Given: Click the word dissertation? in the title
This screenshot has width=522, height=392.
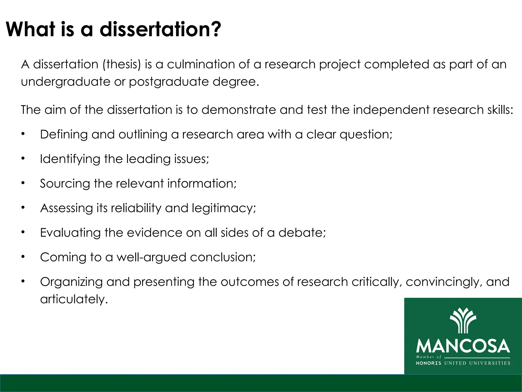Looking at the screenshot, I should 160,29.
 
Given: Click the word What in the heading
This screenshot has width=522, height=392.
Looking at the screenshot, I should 30,29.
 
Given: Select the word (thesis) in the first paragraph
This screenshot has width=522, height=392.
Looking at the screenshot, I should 122,64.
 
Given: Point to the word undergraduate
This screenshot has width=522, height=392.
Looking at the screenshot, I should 66,82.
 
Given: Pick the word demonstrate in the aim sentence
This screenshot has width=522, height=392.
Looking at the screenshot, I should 239,110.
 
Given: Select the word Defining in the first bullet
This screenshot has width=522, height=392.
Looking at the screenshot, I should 64,134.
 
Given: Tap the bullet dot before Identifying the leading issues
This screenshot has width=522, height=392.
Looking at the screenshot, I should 23,158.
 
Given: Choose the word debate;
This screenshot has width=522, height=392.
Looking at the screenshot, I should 302,232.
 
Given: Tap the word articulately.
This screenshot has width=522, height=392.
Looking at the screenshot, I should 74,299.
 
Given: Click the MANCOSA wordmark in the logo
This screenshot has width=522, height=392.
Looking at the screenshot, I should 463,346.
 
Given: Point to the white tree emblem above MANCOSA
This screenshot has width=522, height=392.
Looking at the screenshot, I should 463,321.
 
